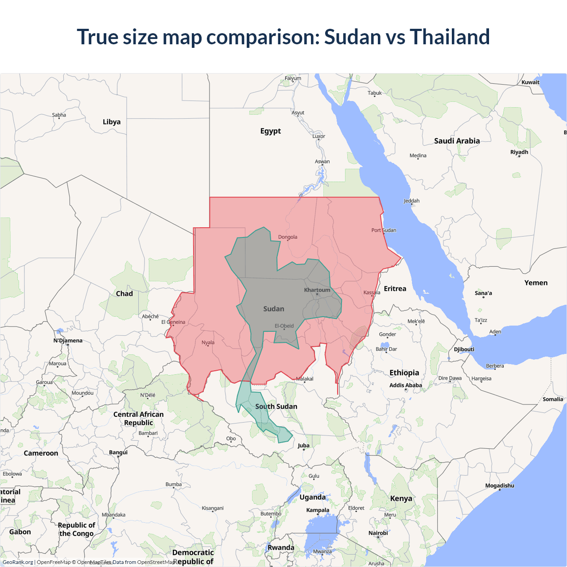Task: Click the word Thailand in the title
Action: [450, 37]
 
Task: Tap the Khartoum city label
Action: [317, 290]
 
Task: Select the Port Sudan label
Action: [384, 230]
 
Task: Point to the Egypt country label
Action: [271, 131]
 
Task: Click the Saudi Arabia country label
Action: [457, 141]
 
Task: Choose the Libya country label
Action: [112, 122]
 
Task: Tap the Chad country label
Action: [124, 294]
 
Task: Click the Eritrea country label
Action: [395, 289]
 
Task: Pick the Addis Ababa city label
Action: [406, 385]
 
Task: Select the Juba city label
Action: [303, 446]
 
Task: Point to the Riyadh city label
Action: [519, 152]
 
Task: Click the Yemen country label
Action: [536, 283]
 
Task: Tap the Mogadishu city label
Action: [500, 485]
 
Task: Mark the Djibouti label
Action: [464, 350]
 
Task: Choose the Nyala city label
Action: [208, 342]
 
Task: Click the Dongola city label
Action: [287, 237]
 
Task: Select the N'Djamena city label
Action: [68, 341]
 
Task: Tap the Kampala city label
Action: [318, 510]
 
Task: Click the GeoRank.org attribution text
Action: [18, 562]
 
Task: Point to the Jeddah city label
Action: [412, 201]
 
